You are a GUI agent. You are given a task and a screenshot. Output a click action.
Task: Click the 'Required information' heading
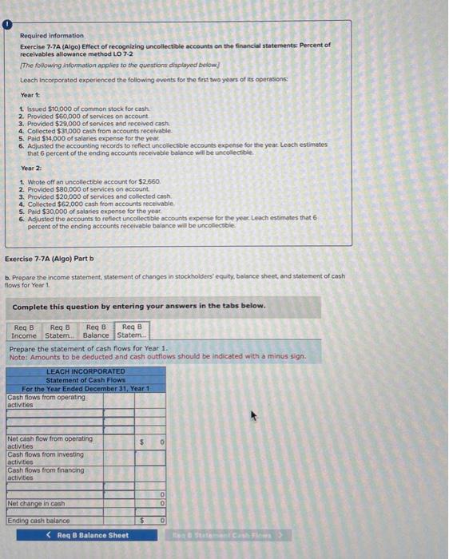51,36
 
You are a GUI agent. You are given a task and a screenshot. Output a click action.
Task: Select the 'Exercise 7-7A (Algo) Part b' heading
50,259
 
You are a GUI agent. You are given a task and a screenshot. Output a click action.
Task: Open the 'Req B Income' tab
25,331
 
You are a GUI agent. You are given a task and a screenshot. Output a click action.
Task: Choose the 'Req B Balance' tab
97,331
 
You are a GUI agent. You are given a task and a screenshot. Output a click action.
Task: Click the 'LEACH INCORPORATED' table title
85,371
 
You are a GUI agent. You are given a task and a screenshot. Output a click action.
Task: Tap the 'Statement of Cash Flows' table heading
85,379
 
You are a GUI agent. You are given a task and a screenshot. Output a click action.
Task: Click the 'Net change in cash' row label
36,504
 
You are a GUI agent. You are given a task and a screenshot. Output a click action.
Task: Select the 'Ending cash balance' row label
38,521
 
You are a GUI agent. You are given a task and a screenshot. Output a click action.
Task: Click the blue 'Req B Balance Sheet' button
88,535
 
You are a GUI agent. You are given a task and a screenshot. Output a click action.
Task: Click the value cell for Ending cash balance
150,521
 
